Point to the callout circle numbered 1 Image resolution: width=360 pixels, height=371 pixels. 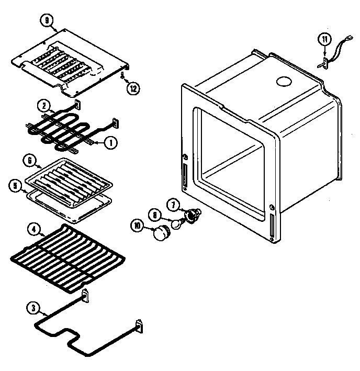(110, 141)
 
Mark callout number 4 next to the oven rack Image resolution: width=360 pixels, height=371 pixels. (33, 229)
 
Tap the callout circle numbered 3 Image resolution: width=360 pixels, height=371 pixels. (32, 309)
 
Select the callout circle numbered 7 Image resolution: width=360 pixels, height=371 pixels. (173, 204)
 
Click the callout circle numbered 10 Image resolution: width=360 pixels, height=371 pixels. (138, 226)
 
